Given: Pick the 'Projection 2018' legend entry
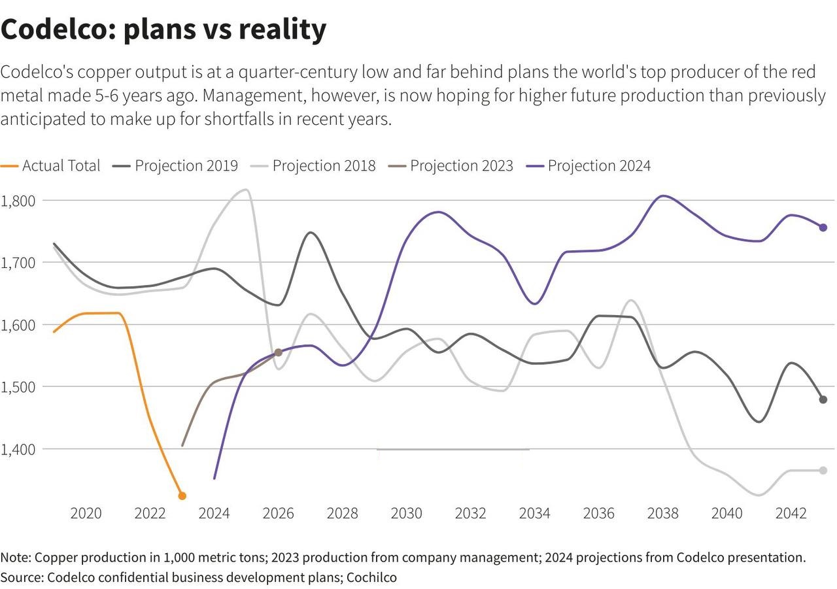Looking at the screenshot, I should [x=313, y=165].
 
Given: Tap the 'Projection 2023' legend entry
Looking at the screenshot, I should [x=451, y=165].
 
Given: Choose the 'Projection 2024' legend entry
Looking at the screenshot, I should [x=589, y=165].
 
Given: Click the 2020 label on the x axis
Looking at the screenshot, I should [x=86, y=513].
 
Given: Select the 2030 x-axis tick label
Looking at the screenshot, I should [x=407, y=513].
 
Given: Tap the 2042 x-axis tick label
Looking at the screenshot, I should [x=791, y=513].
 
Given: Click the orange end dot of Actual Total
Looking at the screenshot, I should [x=182, y=496].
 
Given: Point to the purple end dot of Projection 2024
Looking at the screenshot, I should [x=823, y=227].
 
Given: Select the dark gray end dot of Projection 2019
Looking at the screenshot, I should [x=823, y=399].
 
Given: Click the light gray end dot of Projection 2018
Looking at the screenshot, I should [x=823, y=471].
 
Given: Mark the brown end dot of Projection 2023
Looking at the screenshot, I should [x=278, y=352].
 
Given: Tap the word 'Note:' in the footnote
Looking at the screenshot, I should [x=16, y=558].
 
